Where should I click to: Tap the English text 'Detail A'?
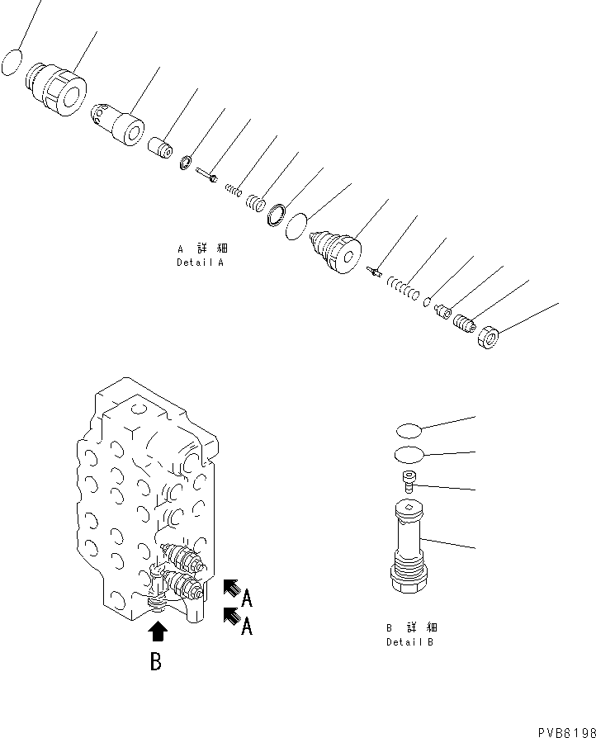click(x=200, y=263)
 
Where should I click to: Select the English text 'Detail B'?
click(x=410, y=642)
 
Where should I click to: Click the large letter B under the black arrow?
click(x=156, y=661)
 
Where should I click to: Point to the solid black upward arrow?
click(x=158, y=633)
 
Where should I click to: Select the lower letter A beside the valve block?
click(x=246, y=627)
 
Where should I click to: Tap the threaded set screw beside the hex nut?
click(x=465, y=324)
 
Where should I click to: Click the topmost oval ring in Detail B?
click(x=409, y=428)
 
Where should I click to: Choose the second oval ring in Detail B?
click(x=409, y=453)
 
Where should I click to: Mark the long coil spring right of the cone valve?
click(x=404, y=289)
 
